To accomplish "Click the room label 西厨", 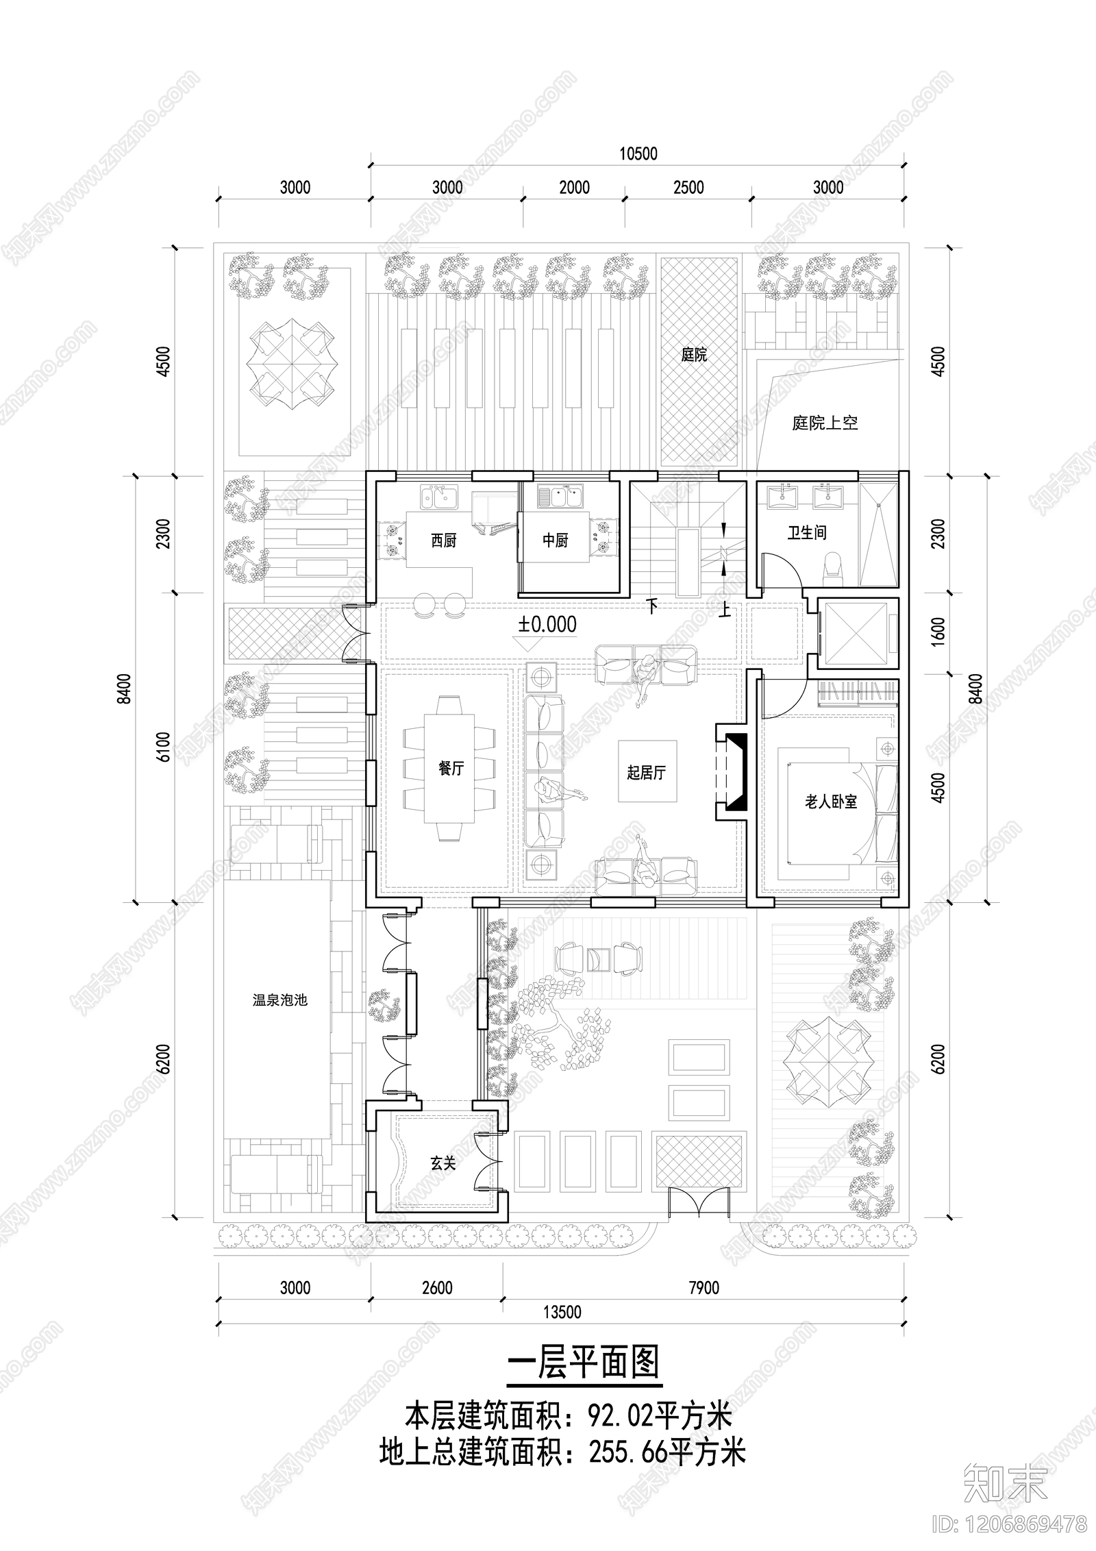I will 443,541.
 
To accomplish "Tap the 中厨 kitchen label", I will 556,541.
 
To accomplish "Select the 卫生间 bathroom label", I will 806,532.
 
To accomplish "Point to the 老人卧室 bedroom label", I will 830,802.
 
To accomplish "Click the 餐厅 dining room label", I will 451,769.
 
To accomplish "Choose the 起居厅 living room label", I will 646,773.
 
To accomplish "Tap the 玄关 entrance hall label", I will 443,1163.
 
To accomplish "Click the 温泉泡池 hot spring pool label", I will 280,1000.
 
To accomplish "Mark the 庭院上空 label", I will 825,423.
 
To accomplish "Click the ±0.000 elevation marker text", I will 547,624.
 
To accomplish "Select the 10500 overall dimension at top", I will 638,153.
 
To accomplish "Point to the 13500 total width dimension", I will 562,1312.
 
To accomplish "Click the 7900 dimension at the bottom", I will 703,1288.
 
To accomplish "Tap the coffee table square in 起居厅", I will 647,771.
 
